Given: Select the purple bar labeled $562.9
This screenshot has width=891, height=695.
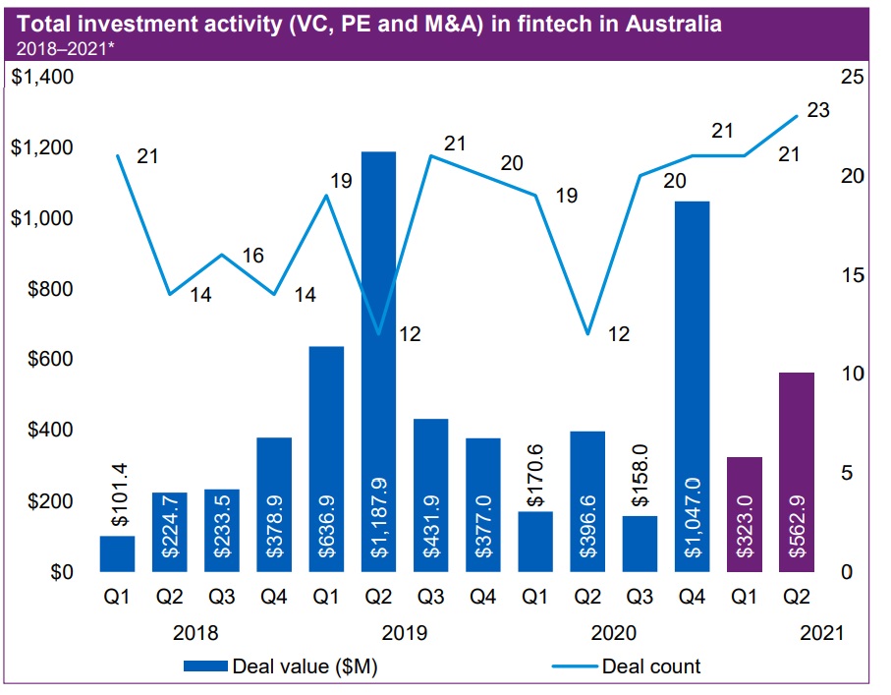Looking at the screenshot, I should [x=797, y=472].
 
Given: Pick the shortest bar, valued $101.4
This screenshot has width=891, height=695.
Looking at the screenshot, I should [x=117, y=553].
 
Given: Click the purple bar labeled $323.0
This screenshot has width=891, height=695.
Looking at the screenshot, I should [x=745, y=514].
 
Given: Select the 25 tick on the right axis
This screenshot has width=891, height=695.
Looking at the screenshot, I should [x=852, y=78].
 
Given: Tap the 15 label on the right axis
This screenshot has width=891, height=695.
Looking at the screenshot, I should [x=852, y=275].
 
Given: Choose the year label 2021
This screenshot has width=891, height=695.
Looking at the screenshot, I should [x=819, y=633].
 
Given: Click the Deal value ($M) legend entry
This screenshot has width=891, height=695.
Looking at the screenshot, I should [x=305, y=666].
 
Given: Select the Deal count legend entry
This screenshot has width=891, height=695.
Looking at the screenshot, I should [x=651, y=666].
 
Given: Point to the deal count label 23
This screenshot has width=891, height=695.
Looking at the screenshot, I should [x=817, y=110].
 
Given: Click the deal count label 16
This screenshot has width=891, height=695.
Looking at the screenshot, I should [x=251, y=256].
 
